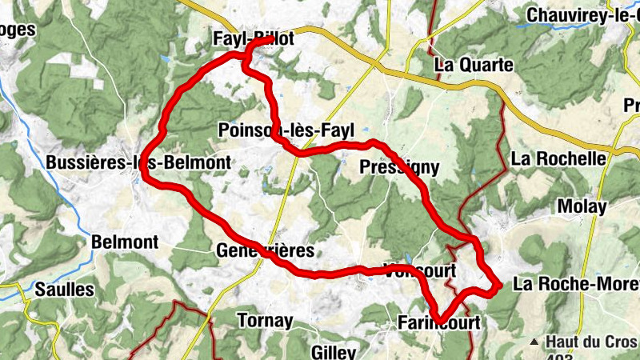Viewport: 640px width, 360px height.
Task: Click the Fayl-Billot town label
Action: tap(254, 38)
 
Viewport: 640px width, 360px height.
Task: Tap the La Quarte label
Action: tap(473, 66)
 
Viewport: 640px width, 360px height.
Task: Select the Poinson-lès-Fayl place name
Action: tap(286, 130)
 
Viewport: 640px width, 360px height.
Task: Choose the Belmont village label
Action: tap(125, 242)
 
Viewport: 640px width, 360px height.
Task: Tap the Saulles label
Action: tap(65, 289)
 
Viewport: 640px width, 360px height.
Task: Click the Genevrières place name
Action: tap(266, 250)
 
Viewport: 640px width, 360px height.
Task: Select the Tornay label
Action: tap(265, 321)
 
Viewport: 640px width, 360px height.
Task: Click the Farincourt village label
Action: tap(439, 324)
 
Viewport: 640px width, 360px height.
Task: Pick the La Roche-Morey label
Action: tap(576, 284)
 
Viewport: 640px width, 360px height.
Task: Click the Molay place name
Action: tap(582, 206)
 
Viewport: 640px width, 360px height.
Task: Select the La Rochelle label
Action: tap(558, 158)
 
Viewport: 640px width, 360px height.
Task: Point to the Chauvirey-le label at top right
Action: tap(583, 14)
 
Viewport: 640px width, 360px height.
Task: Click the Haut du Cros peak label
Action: tap(591, 342)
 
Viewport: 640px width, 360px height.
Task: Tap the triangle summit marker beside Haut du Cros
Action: tap(534, 342)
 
